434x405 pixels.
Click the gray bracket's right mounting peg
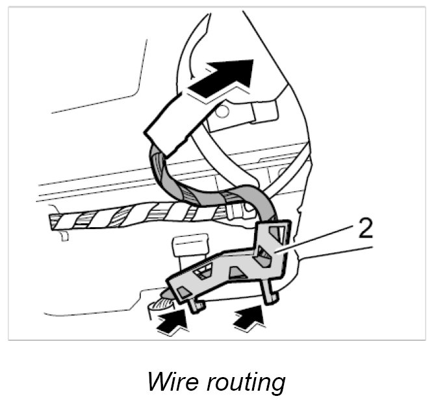(x=273, y=295)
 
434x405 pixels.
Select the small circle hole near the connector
(x=222, y=112)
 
